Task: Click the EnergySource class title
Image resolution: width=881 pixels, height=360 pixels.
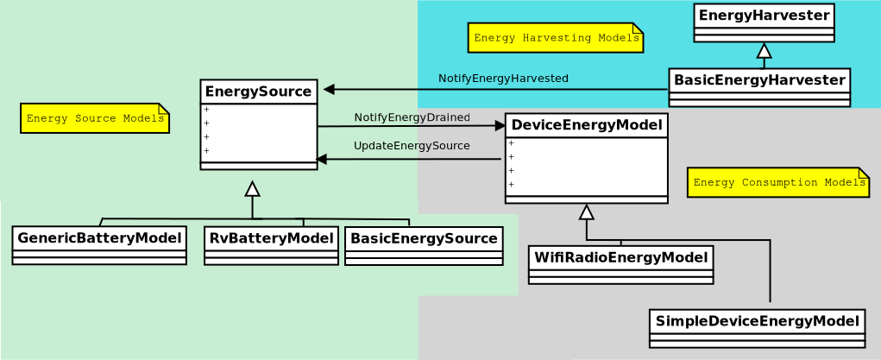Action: point(258,92)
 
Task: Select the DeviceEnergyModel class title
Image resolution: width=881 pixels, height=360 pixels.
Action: point(586,125)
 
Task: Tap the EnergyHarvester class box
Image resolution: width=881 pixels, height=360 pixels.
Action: point(764,22)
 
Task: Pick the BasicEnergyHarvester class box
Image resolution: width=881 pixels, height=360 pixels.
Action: point(759,87)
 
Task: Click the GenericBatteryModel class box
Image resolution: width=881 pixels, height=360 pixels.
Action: point(99,245)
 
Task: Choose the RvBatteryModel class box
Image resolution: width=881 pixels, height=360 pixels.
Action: point(271,245)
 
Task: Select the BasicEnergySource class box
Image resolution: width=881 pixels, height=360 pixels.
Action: point(424,245)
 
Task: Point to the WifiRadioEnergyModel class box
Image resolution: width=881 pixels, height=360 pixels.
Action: point(620,264)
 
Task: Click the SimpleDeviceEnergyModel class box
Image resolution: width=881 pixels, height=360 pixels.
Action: point(757,328)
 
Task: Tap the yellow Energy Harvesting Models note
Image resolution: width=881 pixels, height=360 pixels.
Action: point(555,38)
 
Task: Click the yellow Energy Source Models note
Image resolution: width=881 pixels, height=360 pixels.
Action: point(95,118)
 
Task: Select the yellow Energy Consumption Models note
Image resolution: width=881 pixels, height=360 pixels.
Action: point(777,182)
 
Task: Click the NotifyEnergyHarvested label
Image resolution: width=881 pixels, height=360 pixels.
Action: point(503,79)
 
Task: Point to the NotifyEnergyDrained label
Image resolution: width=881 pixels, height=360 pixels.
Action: point(412,117)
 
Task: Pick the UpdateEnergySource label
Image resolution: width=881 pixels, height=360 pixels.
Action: point(412,146)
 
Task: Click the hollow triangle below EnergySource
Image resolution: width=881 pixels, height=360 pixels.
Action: point(252,189)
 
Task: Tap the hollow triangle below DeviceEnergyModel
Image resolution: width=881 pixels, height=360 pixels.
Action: point(587,212)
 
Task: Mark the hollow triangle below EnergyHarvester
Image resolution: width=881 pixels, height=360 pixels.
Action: point(764,50)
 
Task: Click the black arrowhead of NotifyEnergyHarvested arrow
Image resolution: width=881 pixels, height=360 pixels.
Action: point(329,89)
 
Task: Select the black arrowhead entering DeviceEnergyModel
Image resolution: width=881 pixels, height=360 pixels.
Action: point(500,125)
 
